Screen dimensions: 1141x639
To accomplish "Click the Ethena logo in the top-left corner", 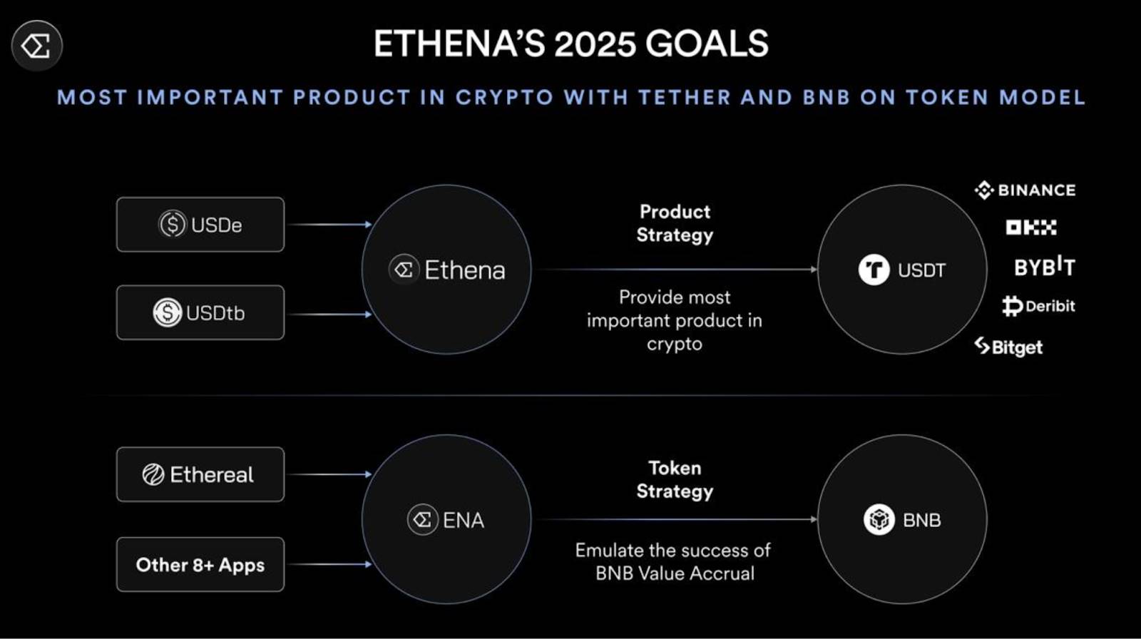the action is point(36,46).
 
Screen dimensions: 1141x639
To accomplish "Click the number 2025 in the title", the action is point(595,44).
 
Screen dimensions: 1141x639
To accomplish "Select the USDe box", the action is point(200,225).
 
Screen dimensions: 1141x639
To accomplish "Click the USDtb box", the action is point(200,312).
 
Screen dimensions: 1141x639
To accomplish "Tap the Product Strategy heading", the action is point(675,223).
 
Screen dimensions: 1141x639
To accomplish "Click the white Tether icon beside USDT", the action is point(874,270).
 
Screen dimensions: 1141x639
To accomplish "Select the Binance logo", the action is point(1025,190).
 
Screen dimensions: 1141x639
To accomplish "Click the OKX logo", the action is point(1031,228).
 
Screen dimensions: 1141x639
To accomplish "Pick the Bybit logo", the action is point(1045,267).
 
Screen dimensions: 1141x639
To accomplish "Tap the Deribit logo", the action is point(1038,306).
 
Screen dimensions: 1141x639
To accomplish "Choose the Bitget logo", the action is point(1008,347).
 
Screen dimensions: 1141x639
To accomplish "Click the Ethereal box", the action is point(200,474).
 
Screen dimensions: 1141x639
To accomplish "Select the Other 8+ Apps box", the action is point(200,565).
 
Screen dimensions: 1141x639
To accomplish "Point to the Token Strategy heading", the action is point(675,479).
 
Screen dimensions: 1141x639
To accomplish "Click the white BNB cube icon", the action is point(879,520).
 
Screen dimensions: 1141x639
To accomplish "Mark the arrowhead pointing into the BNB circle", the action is point(814,519).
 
